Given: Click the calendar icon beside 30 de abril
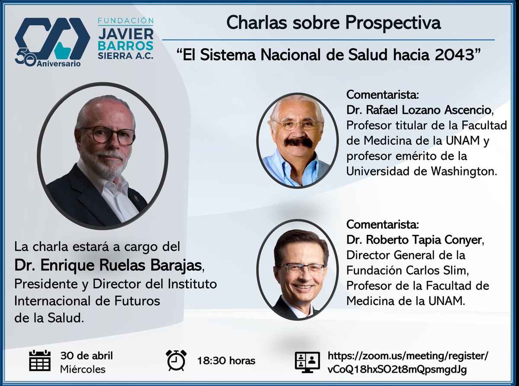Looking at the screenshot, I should click(x=40, y=360).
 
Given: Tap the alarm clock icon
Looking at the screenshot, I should click(x=176, y=360).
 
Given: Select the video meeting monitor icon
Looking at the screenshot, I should click(x=307, y=362).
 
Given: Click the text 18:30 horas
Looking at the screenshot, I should click(x=226, y=361).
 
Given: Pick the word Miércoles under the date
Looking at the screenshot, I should click(x=83, y=370).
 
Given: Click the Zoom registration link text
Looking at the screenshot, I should click(x=408, y=363).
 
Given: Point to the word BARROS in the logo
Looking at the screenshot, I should click(x=125, y=45).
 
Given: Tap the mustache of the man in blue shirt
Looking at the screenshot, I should click(x=298, y=142).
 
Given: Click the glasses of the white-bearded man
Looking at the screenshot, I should click(x=108, y=135).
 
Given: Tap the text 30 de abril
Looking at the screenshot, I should click(x=86, y=356).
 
